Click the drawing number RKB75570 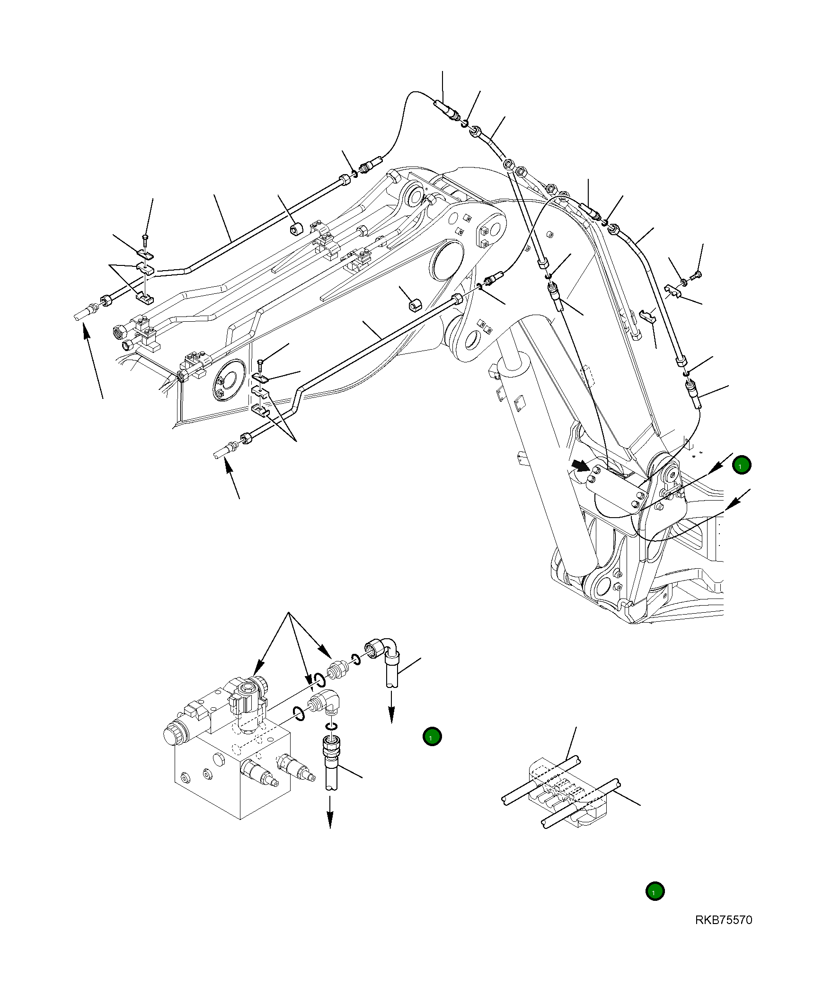723,920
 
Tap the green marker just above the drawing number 655,891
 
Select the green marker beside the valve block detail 432,737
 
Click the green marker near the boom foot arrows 742,465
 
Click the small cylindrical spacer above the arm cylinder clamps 297,229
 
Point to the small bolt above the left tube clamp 145,237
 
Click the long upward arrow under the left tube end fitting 93,360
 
